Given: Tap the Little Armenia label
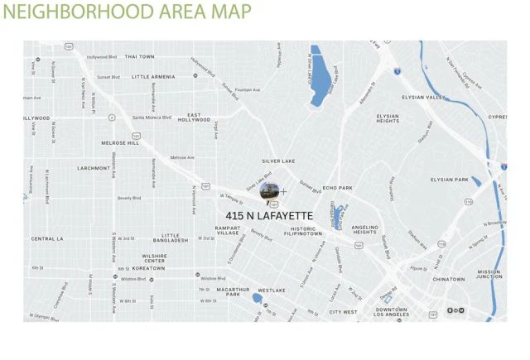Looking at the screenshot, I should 152,76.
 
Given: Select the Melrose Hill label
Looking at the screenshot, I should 119,142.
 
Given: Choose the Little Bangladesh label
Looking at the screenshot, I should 182,238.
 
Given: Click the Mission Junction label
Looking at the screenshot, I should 489,274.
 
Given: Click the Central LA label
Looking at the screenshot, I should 47,238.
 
